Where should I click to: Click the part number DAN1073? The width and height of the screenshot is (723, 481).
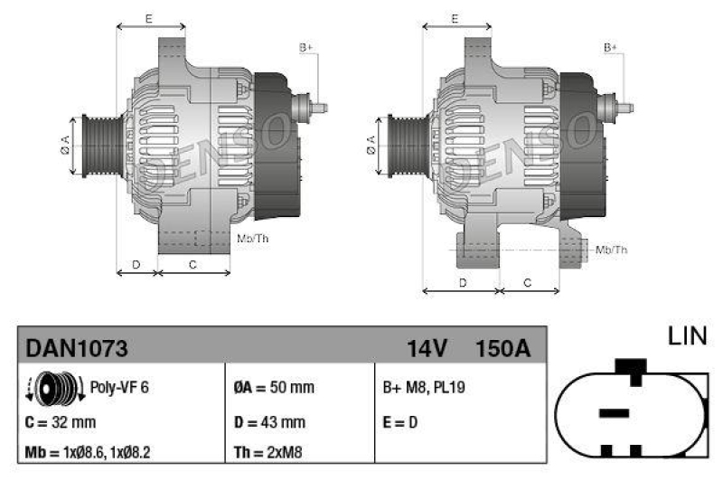coord(77,347)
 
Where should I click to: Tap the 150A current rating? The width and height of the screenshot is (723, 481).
coord(502,347)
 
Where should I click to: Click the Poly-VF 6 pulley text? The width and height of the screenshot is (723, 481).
coord(119,387)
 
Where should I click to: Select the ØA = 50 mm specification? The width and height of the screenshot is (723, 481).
coord(274,387)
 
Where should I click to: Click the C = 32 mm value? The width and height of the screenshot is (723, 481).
coord(61,421)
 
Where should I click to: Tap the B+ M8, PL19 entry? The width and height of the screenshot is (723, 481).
coord(425,387)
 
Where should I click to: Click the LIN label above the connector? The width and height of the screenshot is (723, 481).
coord(687,337)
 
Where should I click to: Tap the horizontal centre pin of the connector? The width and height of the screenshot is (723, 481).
coord(614,412)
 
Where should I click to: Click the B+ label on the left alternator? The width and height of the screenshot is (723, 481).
coord(305,46)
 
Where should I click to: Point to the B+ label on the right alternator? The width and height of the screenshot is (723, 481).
coord(611,46)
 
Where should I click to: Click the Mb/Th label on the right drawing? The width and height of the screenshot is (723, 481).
coord(612,250)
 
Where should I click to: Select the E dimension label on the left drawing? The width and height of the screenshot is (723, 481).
coord(149,18)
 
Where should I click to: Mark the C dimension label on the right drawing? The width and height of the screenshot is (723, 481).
coord(529,283)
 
